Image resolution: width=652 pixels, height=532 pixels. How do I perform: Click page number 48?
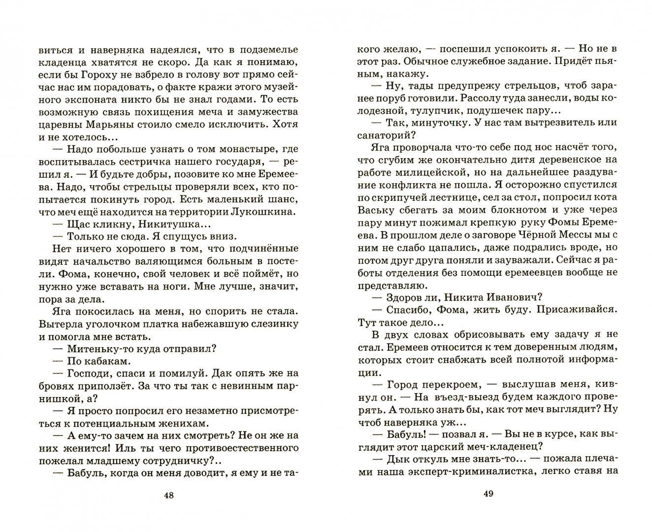click(168, 495)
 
